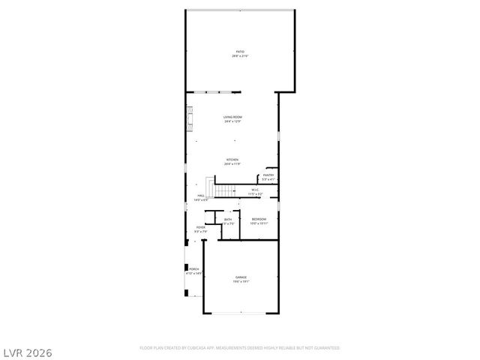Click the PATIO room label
tap(240, 52)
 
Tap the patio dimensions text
tap(240, 56)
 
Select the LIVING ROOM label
tap(232, 117)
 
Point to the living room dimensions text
tap(232, 121)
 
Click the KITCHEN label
tap(232, 160)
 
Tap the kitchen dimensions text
tap(232, 164)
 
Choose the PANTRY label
tap(268, 175)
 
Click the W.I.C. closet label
tap(255, 190)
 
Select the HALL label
tap(201, 196)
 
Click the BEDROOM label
tap(259, 219)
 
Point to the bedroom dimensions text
tap(259, 223)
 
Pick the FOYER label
tap(201, 227)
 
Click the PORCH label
tap(193, 268)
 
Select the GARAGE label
tap(241, 277)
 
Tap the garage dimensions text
tap(241, 282)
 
